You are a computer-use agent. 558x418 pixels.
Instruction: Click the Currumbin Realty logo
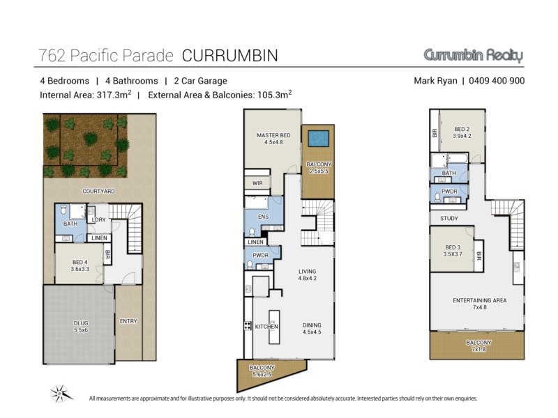pos(474,56)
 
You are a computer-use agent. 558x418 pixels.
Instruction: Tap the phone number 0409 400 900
pos(497,81)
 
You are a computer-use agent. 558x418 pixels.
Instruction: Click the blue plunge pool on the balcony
pos(318,139)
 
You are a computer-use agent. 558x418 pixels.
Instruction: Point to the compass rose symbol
pos(61,394)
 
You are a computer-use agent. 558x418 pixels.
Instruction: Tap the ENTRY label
pos(128,321)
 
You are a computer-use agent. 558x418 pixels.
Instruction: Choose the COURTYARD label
pos(98,191)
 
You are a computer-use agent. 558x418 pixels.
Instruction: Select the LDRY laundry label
pos(98,219)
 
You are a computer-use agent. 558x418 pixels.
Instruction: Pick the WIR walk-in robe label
pos(257,183)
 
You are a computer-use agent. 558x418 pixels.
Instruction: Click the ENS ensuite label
pos(264,217)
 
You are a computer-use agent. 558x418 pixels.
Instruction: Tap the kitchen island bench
pos(274,327)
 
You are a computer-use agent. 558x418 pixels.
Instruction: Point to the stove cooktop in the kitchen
pos(248,325)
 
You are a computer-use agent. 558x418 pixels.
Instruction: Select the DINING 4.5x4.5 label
pos(312,328)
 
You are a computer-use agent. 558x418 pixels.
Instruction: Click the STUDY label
pos(449,218)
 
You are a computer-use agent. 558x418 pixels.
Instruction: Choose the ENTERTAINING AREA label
pos(480,300)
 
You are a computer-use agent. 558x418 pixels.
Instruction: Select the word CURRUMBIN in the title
pos(230,56)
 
